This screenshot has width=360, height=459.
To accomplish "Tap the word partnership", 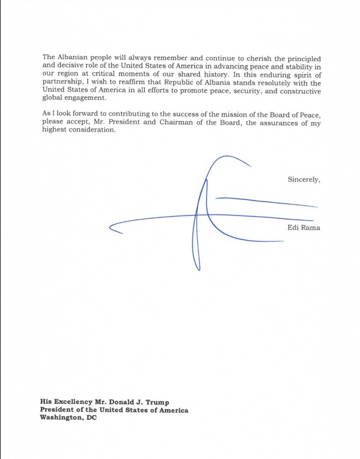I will click(x=63, y=83).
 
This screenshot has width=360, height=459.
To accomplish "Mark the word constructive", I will click(x=297, y=91).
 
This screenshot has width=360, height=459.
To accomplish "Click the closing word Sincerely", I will click(x=303, y=179).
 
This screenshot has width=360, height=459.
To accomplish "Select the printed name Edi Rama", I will click(x=303, y=228).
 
